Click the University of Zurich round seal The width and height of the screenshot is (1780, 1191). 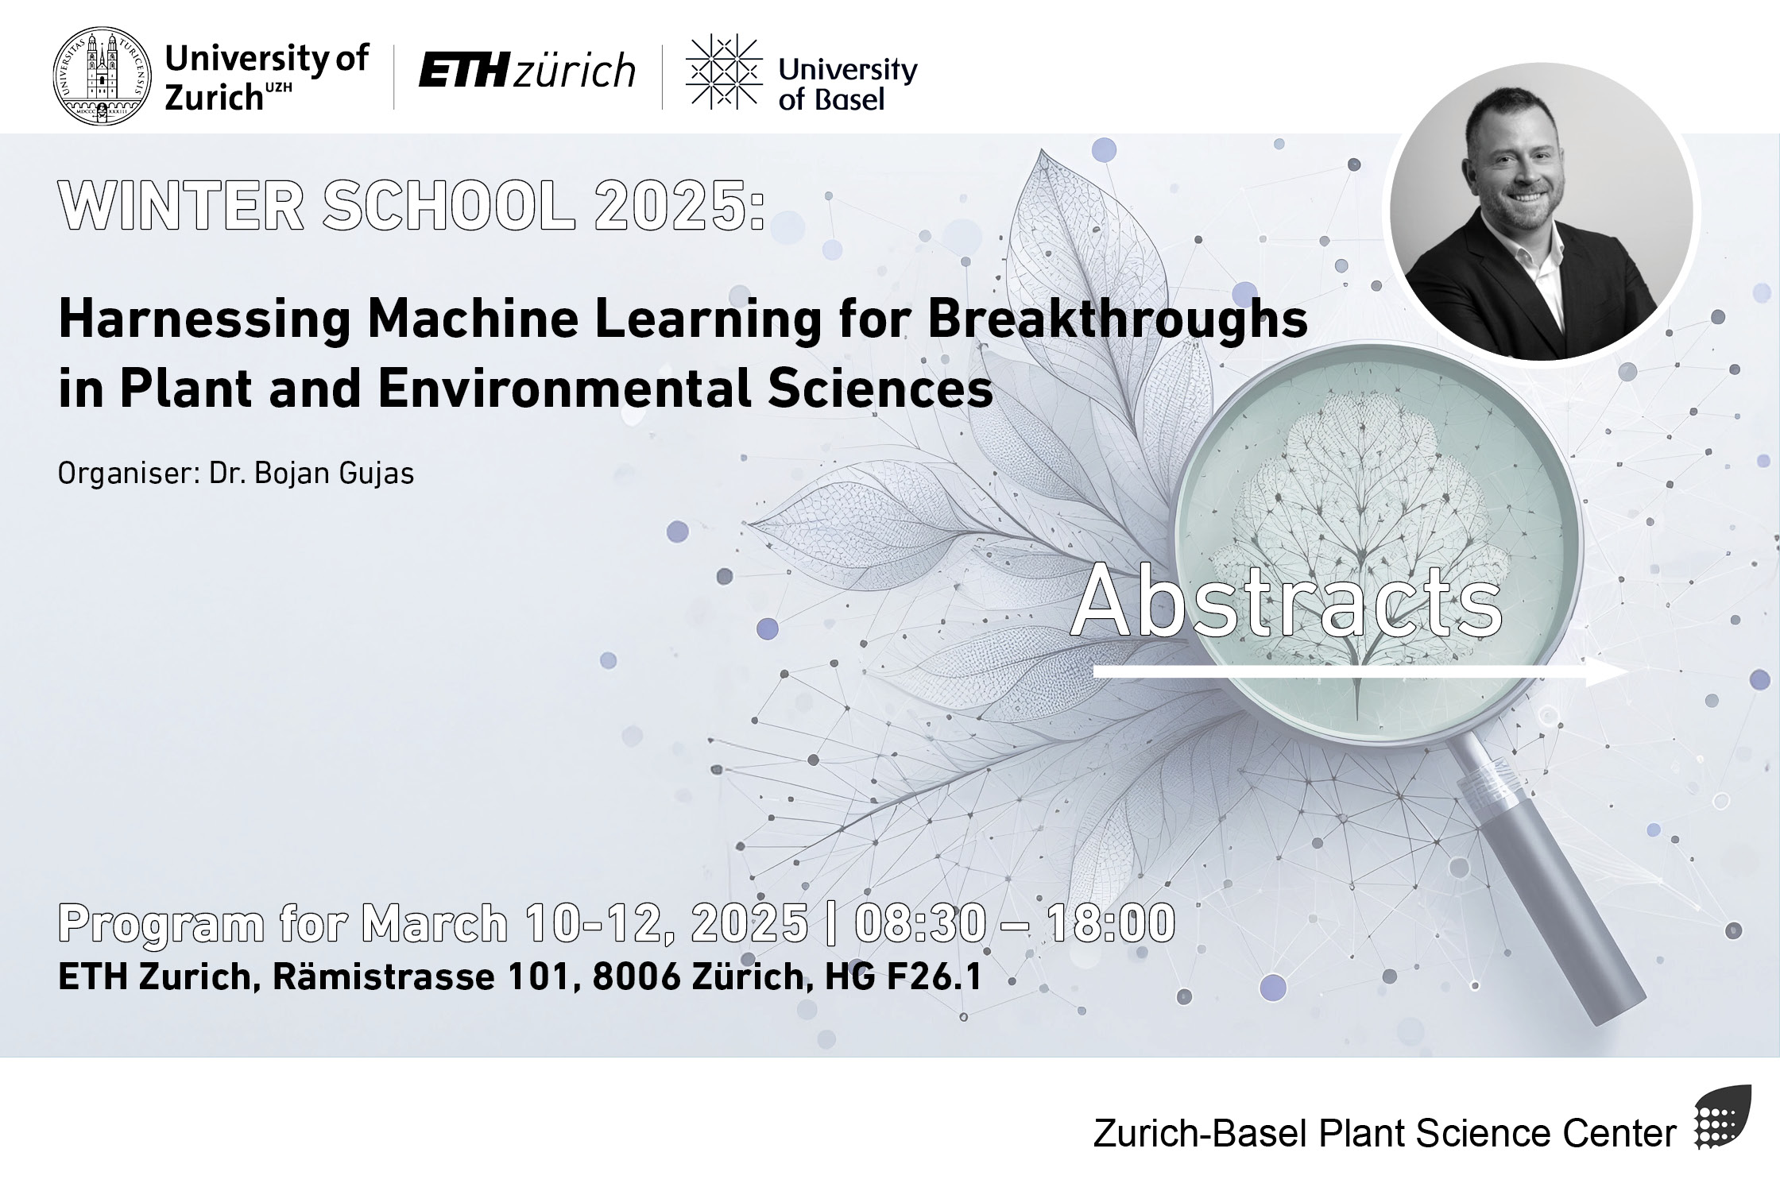pyautogui.click(x=101, y=75)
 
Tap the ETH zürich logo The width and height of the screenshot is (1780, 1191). pyautogui.click(x=527, y=71)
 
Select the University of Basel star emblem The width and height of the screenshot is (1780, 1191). pyautogui.click(x=724, y=72)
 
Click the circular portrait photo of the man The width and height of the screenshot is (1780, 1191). pyautogui.click(x=1541, y=211)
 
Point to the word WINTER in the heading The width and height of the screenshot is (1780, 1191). pyautogui.click(x=181, y=207)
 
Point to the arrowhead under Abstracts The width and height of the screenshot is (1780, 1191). pyautogui.click(x=1607, y=672)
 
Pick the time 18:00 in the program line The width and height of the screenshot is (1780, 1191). pyautogui.click(x=1111, y=923)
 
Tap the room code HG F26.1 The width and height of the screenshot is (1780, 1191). pyautogui.click(x=904, y=976)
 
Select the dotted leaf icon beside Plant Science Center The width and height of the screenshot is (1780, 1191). pyautogui.click(x=1722, y=1117)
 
